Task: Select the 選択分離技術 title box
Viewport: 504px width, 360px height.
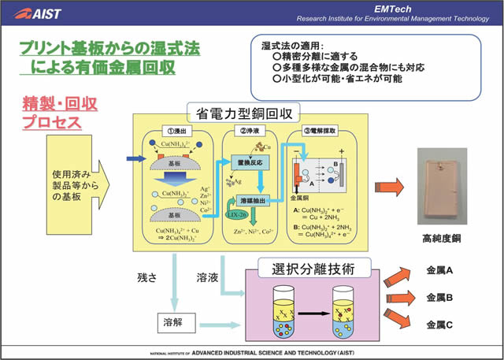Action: click(x=308, y=269)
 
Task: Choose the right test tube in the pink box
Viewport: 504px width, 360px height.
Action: click(x=347, y=311)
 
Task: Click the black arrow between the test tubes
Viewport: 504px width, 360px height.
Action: click(x=313, y=313)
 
